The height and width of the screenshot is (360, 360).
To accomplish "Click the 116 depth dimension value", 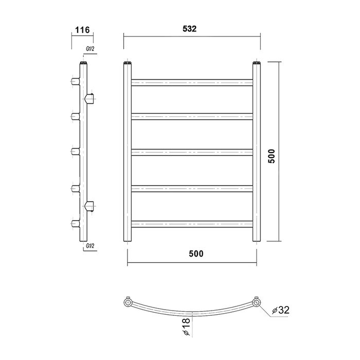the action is point(82,30).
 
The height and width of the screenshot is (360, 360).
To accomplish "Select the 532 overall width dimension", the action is point(190,29).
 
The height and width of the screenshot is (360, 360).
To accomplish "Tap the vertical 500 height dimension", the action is point(272,156).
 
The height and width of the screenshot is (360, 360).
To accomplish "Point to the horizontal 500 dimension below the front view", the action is point(196,254).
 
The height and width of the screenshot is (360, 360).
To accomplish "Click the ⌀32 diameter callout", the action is point(281,310).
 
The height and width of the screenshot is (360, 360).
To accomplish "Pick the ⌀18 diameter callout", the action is point(187,327).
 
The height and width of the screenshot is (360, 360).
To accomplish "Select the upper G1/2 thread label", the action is point(90,49).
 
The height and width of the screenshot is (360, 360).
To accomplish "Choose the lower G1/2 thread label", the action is point(90,246).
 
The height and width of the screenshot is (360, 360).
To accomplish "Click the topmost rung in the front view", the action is point(192,83).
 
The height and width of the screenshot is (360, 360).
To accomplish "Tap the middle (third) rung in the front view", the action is point(192,152).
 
